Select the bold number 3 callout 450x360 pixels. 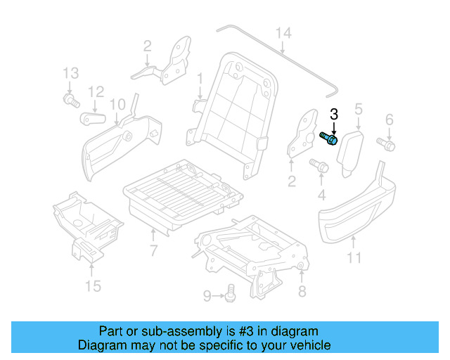tap(334, 114)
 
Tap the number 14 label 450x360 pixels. tap(283, 32)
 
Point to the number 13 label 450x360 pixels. tap(70, 73)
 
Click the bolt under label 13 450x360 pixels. tap(70, 102)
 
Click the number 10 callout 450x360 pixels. tap(117, 104)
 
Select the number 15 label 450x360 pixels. tap(93, 286)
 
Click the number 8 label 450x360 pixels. tap(302, 290)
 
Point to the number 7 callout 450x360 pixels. tap(154, 251)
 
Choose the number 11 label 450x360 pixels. tap(354, 258)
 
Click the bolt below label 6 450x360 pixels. tap(387, 144)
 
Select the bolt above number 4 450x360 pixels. tap(318, 166)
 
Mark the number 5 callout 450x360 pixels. tap(358, 109)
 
